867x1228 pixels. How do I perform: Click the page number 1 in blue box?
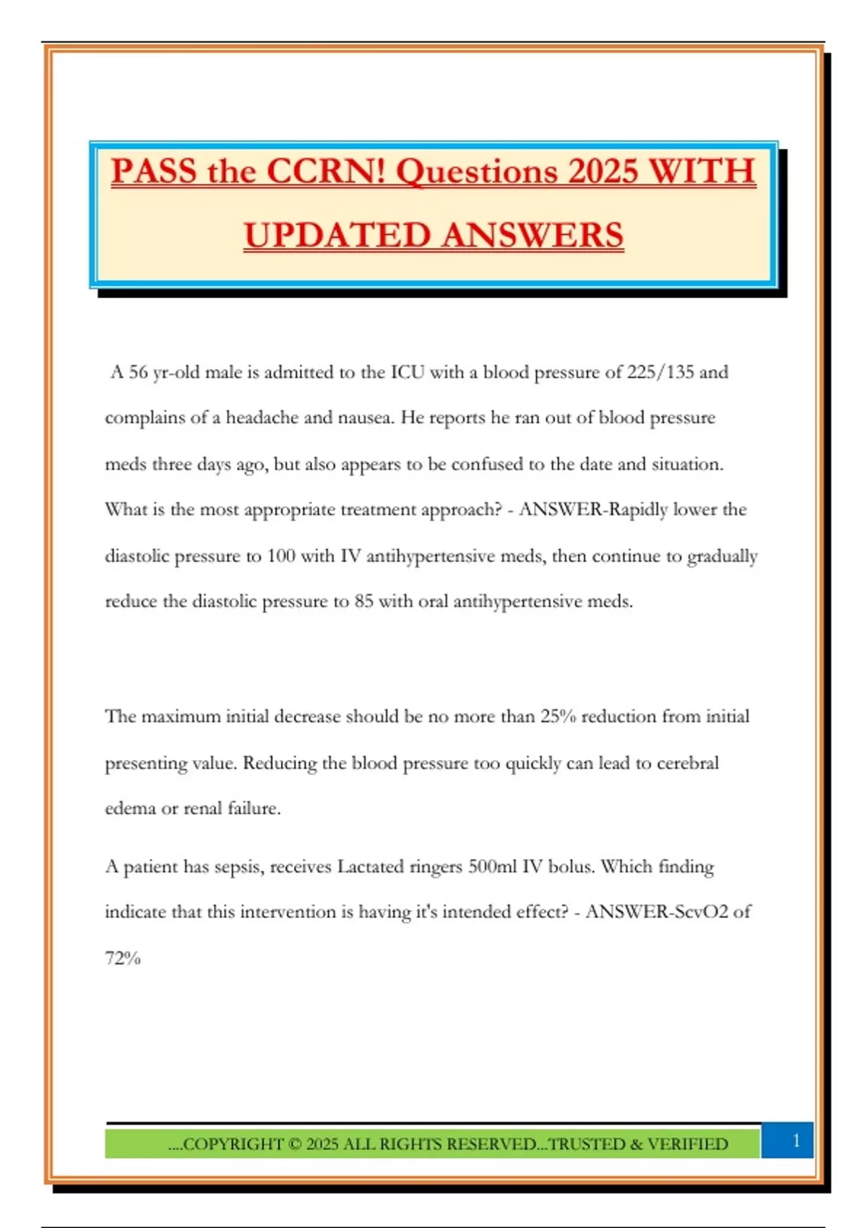pyautogui.click(x=796, y=1141)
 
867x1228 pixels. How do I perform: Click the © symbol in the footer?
pyautogui.click(x=294, y=1144)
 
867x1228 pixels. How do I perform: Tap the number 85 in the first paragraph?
pyautogui.click(x=363, y=602)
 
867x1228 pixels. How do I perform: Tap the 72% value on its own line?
pyautogui.click(x=123, y=959)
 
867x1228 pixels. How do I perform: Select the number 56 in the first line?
pyautogui.click(x=139, y=373)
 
